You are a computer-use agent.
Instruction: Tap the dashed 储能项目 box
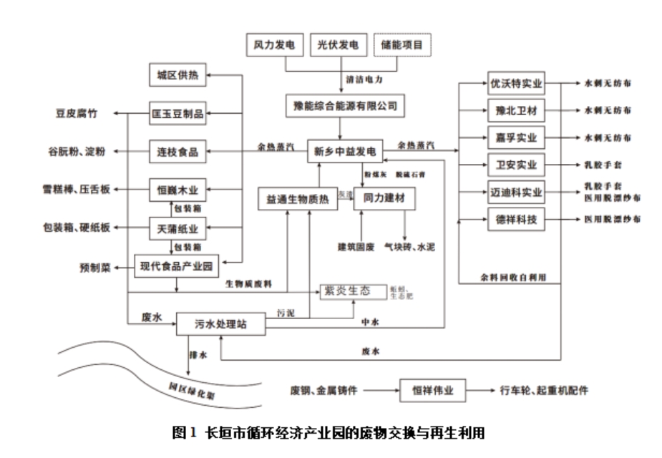coord(401,45)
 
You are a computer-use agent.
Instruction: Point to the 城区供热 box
coord(177,74)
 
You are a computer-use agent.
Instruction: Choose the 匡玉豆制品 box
coord(177,113)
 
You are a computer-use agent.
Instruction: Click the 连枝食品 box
coord(177,152)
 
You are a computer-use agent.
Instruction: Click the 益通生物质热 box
coord(297,198)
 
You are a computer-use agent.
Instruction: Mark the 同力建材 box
coord(384,198)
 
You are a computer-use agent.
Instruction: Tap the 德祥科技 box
coord(516,219)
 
